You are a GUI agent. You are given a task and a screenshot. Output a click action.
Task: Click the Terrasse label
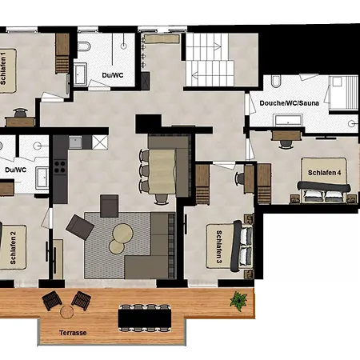coord(73,333)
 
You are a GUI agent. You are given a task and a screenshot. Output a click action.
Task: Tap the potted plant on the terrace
coord(238,301)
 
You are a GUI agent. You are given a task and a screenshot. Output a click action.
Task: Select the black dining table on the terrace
coord(145,318)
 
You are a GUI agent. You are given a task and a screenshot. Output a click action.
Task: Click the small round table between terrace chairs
coord(66,312)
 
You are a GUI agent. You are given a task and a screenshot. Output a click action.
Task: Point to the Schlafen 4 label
coord(324,173)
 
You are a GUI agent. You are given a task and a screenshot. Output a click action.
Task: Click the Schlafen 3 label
coord(218,246)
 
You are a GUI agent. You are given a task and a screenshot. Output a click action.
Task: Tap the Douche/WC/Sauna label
coord(289,103)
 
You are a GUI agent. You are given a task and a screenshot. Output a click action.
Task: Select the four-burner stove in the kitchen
coord(60,166)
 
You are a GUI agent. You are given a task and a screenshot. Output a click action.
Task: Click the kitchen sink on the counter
coord(75,142)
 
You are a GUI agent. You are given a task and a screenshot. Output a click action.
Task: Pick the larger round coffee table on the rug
coord(122,233)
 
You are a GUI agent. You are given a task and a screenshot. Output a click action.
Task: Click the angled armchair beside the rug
coord(80,227)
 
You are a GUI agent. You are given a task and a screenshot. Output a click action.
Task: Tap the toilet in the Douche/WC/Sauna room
coord(276,81)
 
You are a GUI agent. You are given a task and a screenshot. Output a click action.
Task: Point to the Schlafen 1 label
coord(3,69)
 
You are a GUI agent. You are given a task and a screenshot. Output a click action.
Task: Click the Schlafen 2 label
coord(13,248)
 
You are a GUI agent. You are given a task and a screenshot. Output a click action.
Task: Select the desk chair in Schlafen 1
coord(21,113)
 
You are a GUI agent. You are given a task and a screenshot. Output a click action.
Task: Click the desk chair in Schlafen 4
coord(286,143)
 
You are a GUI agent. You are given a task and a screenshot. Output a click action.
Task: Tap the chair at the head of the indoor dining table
coord(162,199)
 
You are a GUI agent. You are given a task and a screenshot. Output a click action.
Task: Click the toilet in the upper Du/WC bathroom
coord(85,46)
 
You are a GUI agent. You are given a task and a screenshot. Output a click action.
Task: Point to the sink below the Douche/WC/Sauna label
coord(288,120)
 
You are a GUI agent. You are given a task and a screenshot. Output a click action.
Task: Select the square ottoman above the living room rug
coord(109,206)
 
